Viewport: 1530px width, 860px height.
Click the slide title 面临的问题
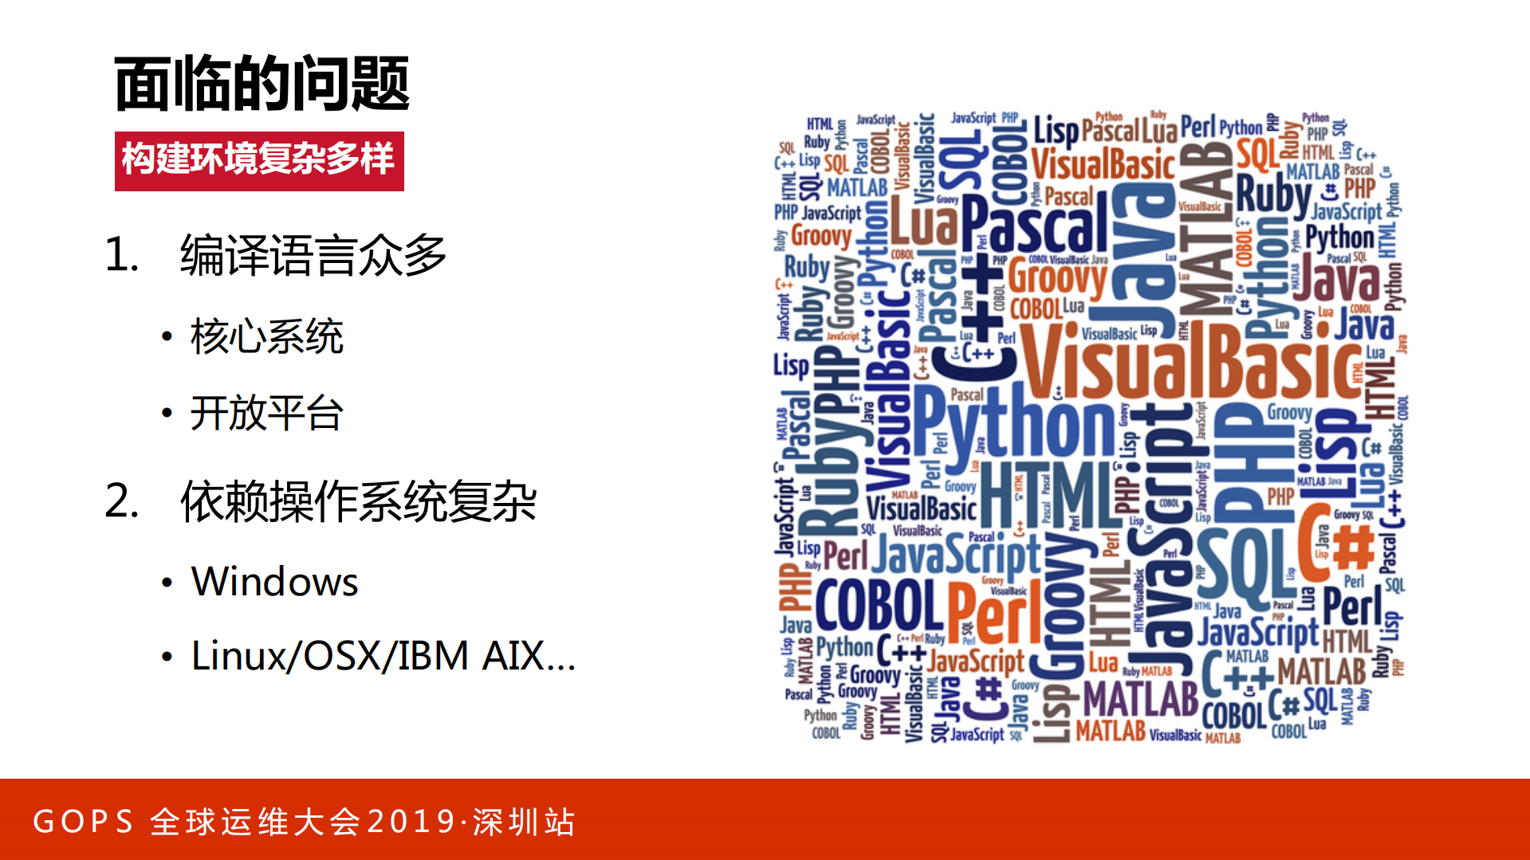pos(262,84)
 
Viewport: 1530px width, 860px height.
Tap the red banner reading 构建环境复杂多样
pos(259,160)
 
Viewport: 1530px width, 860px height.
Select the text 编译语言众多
pos(313,255)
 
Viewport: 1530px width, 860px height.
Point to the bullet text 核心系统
pos(266,336)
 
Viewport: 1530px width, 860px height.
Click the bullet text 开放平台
pos(266,413)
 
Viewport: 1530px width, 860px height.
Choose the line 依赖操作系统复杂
pos(358,502)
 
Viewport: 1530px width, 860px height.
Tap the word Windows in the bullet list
pos(274,581)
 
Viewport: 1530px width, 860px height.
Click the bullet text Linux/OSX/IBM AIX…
pos(383,656)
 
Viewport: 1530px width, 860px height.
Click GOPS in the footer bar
pos(83,822)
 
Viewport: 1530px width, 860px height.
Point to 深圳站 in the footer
pos(524,822)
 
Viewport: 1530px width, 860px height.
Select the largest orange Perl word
pos(994,612)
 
